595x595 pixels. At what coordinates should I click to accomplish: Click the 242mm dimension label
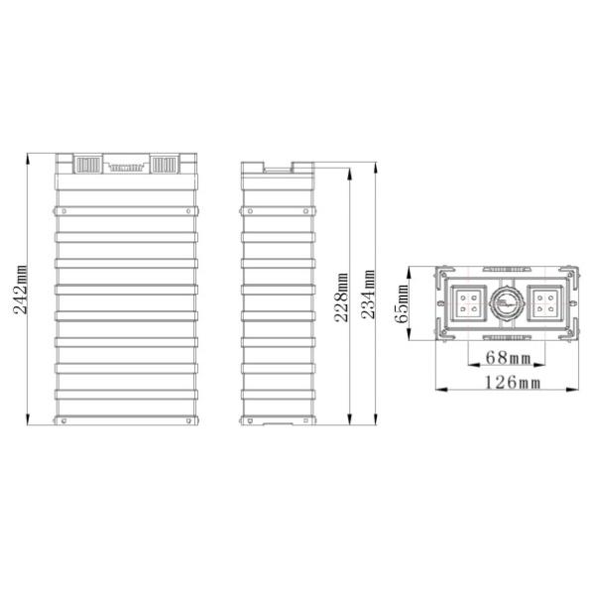(x=20, y=290)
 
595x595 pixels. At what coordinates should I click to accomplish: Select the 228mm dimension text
(x=341, y=297)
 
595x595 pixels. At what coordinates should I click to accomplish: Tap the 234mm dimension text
(x=367, y=295)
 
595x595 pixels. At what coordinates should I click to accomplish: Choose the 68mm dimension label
(x=508, y=357)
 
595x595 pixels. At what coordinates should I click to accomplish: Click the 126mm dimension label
(x=513, y=382)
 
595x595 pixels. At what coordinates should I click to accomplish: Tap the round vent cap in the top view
(x=507, y=303)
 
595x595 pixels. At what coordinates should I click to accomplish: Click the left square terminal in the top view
(x=468, y=303)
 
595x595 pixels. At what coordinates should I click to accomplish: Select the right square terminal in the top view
(x=544, y=303)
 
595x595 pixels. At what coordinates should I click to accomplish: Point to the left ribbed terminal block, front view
(x=88, y=165)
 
